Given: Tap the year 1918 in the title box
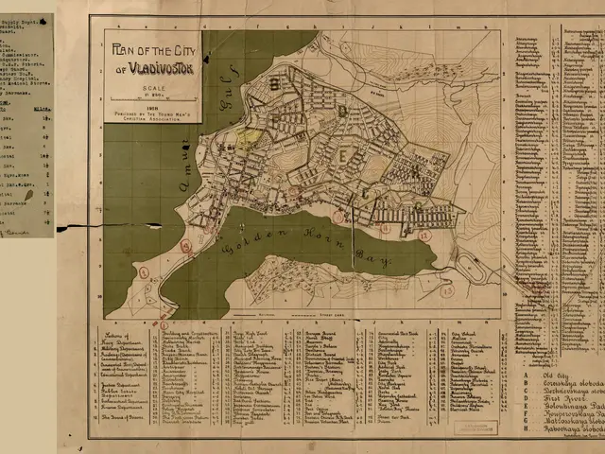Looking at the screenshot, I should click(x=151, y=108).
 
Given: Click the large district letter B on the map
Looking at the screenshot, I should click(x=277, y=83).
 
